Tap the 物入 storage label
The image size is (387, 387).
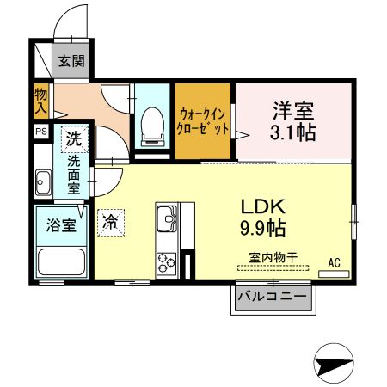click(40, 99)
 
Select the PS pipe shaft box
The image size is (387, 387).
click(41, 132)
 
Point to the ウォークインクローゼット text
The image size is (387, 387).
click(204, 121)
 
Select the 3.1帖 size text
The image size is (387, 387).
click(292, 133)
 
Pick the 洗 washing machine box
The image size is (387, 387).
click(75, 138)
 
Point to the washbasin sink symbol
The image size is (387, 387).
click(44, 181)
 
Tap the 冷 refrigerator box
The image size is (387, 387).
click(110, 222)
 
